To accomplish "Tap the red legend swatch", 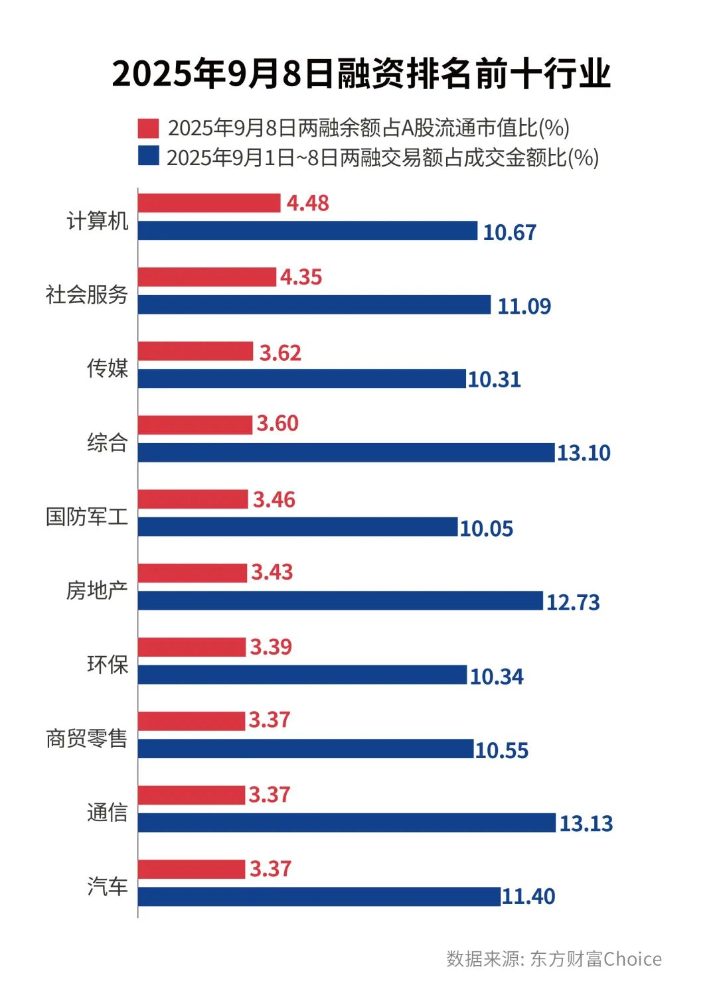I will click(148, 128).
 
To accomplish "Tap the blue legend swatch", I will click(148, 156).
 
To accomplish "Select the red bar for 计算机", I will click(209, 203).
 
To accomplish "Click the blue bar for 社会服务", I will click(314, 305).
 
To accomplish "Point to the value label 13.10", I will click(583, 453).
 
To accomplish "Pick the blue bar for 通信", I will click(347, 823).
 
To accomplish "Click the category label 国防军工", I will click(86, 516).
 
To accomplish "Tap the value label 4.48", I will click(307, 203).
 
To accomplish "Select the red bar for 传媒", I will click(195, 352).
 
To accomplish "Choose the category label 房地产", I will click(97, 590).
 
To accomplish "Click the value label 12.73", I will click(572, 602).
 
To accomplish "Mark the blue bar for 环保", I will click(302, 675).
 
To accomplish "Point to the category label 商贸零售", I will click(86, 738).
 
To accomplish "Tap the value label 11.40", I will click(528, 897).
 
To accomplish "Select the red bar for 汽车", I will click(191, 869).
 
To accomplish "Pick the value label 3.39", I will click(270, 647).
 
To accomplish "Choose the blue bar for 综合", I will click(346, 452).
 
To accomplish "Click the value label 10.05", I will click(486, 529).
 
